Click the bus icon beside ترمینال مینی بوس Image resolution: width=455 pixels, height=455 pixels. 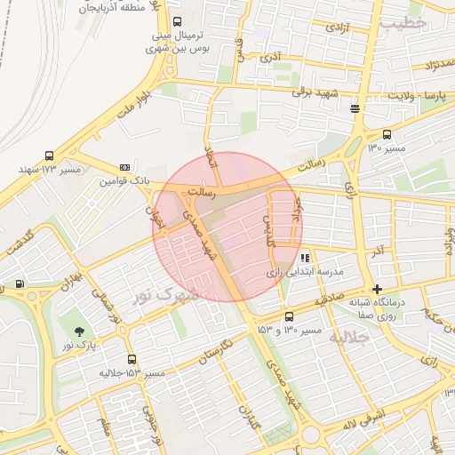click(177, 21)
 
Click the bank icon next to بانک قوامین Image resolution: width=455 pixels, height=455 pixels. click(124, 166)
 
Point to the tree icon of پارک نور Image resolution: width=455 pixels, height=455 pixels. click(80, 331)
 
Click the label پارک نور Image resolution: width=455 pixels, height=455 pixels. click(80, 344)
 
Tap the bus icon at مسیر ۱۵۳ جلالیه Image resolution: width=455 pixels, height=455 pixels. click(132, 360)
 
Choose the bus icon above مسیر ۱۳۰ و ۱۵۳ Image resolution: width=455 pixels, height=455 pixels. click(289, 317)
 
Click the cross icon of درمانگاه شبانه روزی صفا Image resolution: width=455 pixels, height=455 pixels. click(378, 289)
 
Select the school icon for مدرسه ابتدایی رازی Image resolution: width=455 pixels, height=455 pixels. click(306, 258)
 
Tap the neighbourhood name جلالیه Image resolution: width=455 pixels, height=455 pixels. click(346, 339)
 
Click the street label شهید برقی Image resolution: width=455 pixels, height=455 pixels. click(319, 95)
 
